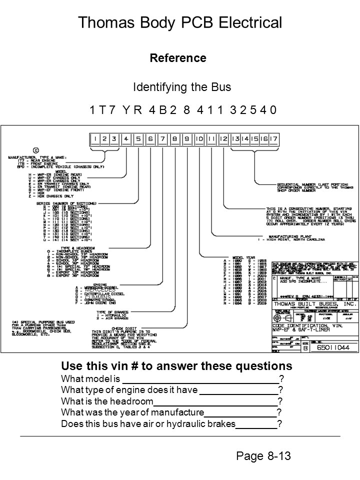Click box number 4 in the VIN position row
[x=127, y=138]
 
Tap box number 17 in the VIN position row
[x=274, y=138]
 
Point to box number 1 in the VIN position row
[x=94, y=138]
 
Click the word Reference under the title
[x=178, y=58]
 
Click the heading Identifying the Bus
[x=182, y=87]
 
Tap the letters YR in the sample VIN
[x=132, y=110]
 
